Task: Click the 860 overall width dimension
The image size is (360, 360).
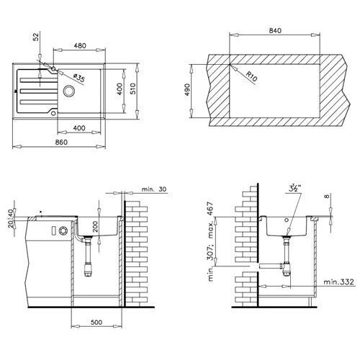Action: (x=61, y=142)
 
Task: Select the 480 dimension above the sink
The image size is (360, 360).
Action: (x=80, y=45)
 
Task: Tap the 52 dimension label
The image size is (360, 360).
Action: (x=35, y=37)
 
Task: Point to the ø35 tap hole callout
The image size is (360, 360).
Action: (x=78, y=78)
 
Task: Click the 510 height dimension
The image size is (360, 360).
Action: (x=132, y=89)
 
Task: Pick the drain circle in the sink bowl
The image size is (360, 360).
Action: (x=69, y=91)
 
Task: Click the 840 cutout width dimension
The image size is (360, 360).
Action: (x=275, y=31)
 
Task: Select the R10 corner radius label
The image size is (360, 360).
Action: (x=251, y=76)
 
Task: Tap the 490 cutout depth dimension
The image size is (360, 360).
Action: (x=187, y=89)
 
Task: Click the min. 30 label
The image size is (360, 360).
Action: (x=154, y=189)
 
